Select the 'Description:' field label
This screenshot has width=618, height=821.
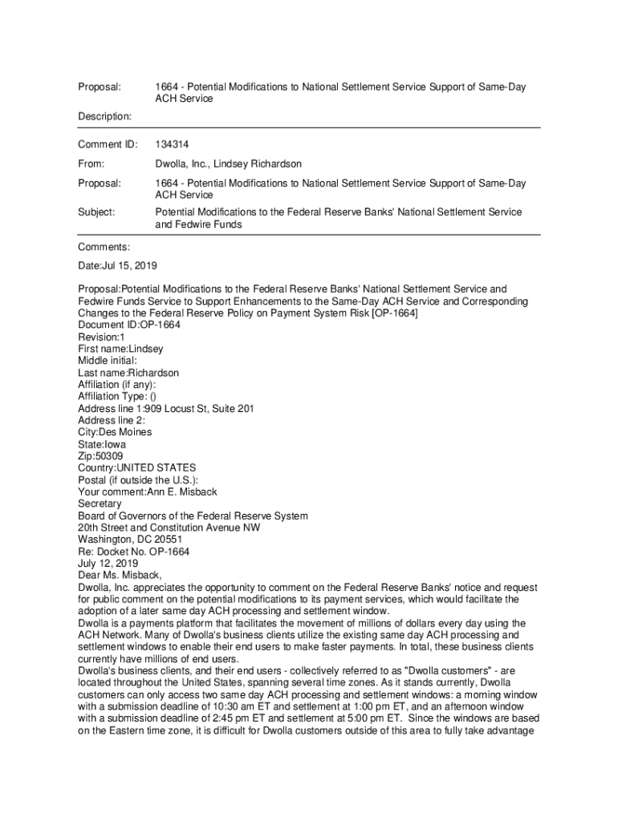(x=105, y=117)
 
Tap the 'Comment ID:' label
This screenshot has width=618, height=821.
(x=108, y=145)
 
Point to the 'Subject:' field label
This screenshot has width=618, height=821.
(x=96, y=212)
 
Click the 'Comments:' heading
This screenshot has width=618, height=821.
(x=104, y=248)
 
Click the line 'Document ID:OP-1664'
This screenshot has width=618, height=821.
(x=128, y=325)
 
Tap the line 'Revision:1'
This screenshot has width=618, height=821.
(x=104, y=337)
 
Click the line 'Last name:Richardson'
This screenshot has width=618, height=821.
(x=128, y=373)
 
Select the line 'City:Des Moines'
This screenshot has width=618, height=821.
(x=115, y=432)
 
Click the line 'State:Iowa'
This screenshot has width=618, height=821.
(x=102, y=444)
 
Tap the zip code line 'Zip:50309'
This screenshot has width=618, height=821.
(x=100, y=456)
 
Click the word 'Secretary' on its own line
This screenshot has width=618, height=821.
(x=100, y=504)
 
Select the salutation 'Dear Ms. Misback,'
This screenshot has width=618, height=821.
(x=120, y=576)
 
